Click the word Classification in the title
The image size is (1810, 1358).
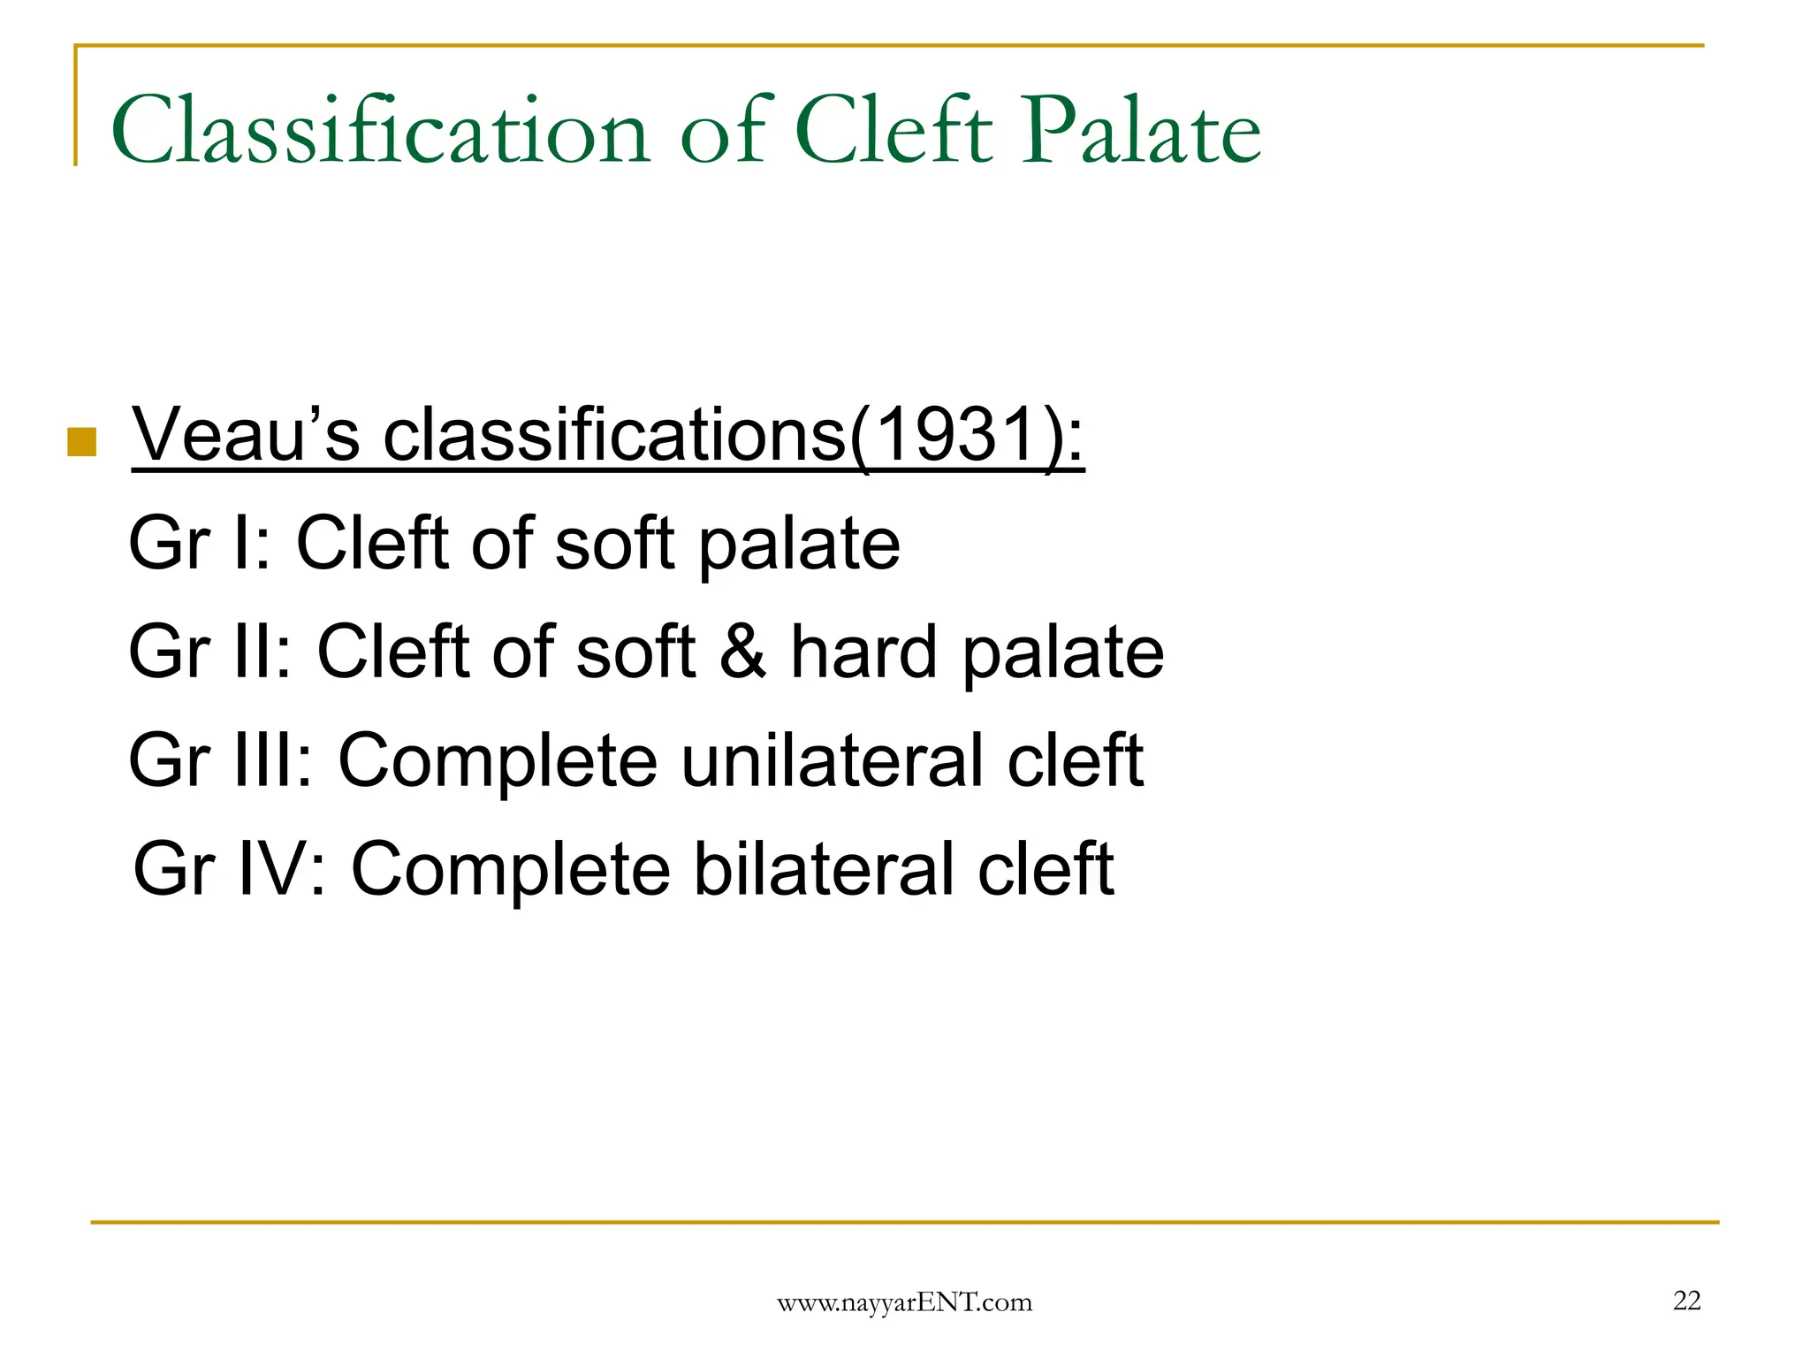tap(381, 131)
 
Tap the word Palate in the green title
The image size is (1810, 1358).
tap(1141, 131)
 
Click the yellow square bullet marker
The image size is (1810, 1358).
tap(81, 442)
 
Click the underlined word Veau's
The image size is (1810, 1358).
tap(246, 435)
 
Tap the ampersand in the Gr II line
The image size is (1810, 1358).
tap(742, 652)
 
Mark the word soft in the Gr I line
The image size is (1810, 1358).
tap(615, 543)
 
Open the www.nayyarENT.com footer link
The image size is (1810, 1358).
tap(904, 1302)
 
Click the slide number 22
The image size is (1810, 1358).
tap(1686, 1301)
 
